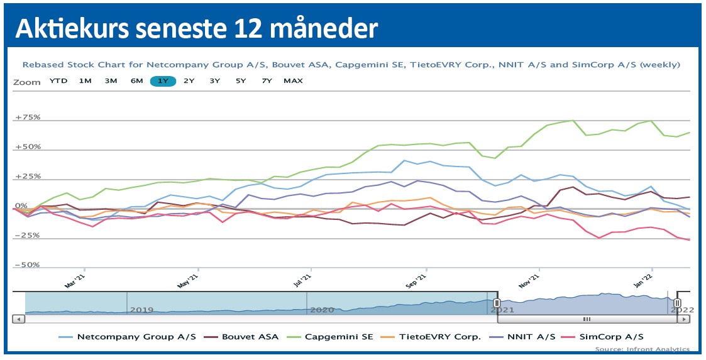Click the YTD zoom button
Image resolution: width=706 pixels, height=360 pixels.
(x=58, y=81)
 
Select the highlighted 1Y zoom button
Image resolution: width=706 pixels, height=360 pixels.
(x=163, y=81)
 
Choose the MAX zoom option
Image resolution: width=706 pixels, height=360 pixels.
(x=293, y=81)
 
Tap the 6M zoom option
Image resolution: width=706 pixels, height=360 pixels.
(x=136, y=81)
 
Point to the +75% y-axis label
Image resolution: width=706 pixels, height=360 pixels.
(x=27, y=117)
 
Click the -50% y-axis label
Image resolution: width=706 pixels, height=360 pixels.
(x=27, y=265)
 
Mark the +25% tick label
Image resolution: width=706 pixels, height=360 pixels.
(x=27, y=177)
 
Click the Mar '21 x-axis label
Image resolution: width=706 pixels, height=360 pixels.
(x=74, y=281)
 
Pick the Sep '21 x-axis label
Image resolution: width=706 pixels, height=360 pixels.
(x=417, y=281)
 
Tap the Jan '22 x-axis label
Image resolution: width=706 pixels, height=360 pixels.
(x=647, y=281)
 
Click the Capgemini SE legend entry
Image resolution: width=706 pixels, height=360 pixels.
(x=339, y=337)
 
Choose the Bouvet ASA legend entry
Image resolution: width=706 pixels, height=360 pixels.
(x=250, y=337)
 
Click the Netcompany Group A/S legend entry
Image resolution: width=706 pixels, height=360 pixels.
(x=136, y=337)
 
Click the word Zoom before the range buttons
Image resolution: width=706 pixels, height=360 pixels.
(x=26, y=82)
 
